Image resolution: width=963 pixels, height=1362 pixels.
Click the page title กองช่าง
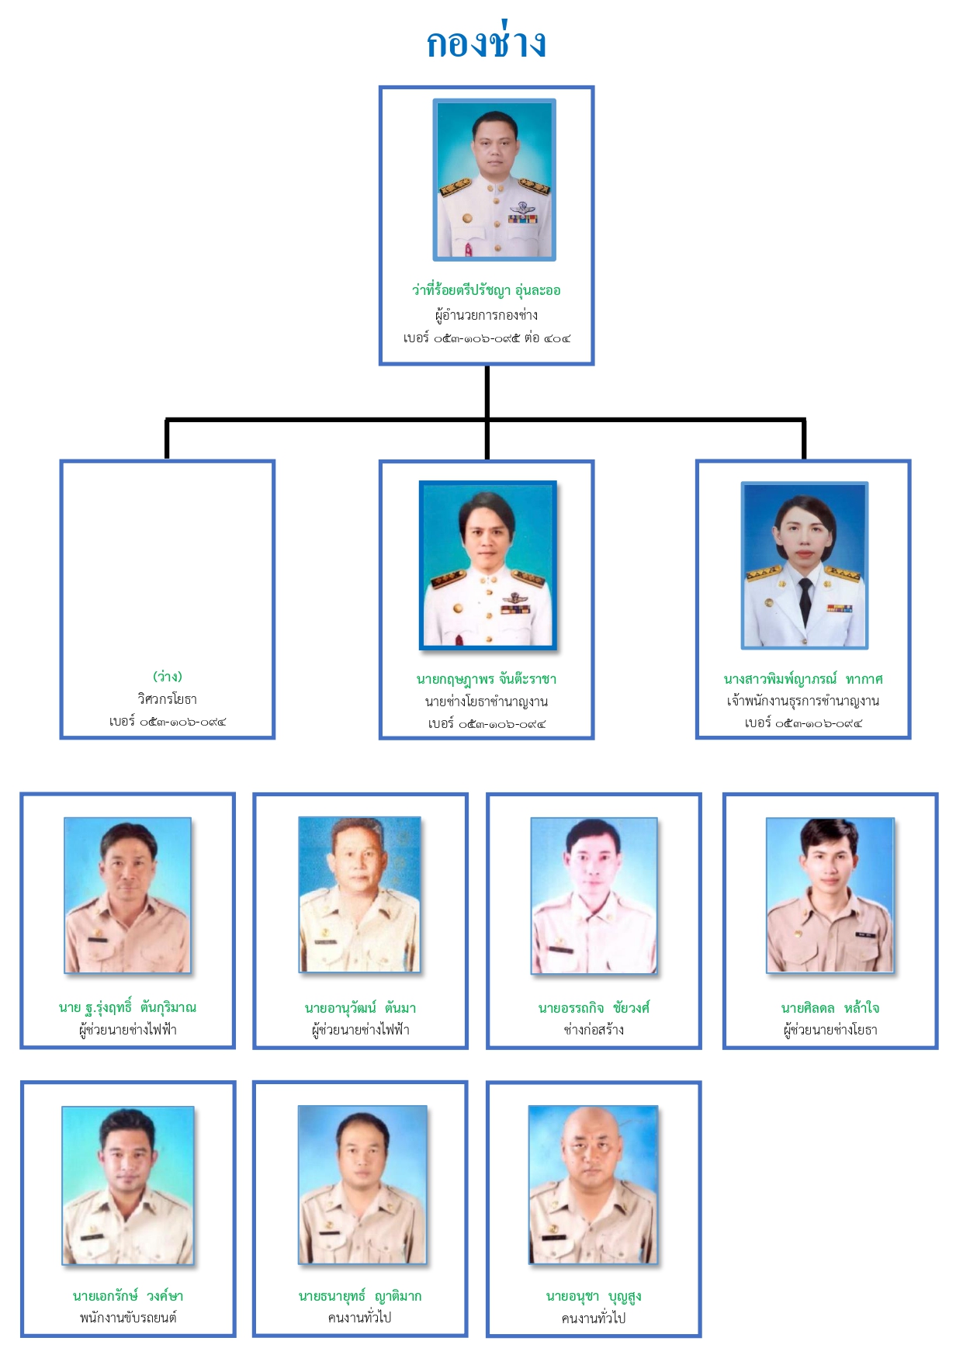point(487,43)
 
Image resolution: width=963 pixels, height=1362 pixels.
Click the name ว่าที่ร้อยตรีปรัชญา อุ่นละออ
point(487,291)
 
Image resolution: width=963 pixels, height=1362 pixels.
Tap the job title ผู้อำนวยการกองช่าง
point(487,315)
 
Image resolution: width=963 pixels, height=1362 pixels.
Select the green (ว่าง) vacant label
point(168,677)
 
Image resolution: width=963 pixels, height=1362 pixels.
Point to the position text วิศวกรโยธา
point(168,699)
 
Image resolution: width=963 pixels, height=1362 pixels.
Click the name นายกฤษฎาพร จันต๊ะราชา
point(487,680)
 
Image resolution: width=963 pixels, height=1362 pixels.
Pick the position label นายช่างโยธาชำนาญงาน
point(487,702)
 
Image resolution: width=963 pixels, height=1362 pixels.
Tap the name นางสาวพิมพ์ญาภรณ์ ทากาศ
point(803,680)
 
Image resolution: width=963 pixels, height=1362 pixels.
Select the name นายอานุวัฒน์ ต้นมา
point(361,1008)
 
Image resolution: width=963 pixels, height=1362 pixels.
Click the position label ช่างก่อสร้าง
point(594,1030)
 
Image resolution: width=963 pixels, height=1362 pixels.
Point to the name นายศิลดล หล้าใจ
point(830,1008)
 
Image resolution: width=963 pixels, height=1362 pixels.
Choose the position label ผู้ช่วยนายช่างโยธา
point(830,1030)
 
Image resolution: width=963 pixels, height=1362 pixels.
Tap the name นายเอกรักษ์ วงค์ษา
point(128,1296)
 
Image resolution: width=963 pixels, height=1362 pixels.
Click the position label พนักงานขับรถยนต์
point(128,1318)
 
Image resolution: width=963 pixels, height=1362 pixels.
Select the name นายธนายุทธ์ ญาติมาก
point(361,1296)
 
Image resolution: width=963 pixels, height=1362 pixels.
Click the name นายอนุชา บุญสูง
point(594,1296)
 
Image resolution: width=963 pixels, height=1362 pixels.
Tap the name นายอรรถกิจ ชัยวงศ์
point(594,1008)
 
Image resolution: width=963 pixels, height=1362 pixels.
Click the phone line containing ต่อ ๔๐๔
point(487,338)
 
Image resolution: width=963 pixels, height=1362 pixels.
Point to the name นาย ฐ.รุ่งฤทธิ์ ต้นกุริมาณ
point(128,1008)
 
